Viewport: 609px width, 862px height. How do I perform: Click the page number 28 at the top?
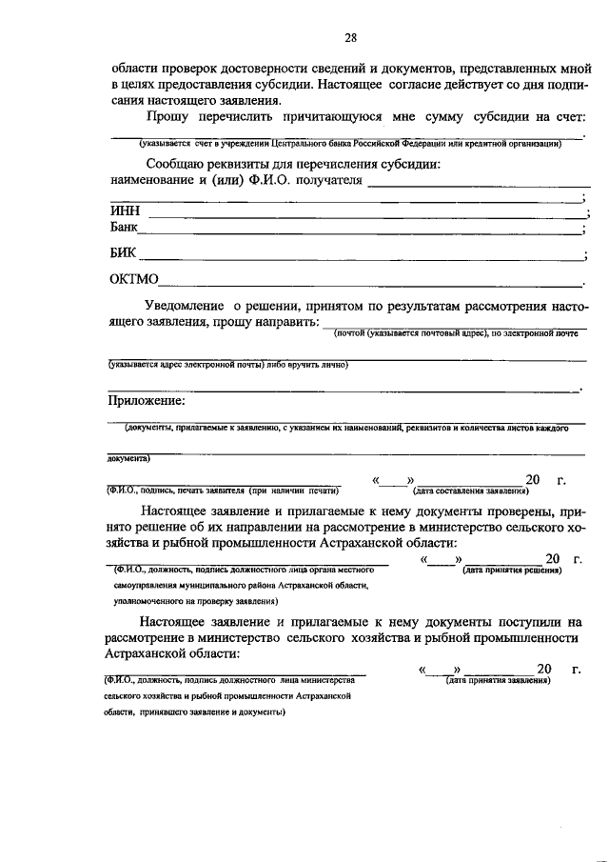point(349,38)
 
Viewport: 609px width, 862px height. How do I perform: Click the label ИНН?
point(124,211)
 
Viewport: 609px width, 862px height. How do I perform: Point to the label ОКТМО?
point(134,280)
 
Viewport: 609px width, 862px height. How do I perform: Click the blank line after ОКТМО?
point(371,284)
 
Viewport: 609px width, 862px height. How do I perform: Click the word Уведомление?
point(187,307)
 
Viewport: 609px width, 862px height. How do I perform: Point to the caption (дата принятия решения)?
point(510,570)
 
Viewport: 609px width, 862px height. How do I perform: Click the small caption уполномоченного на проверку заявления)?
point(191,601)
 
